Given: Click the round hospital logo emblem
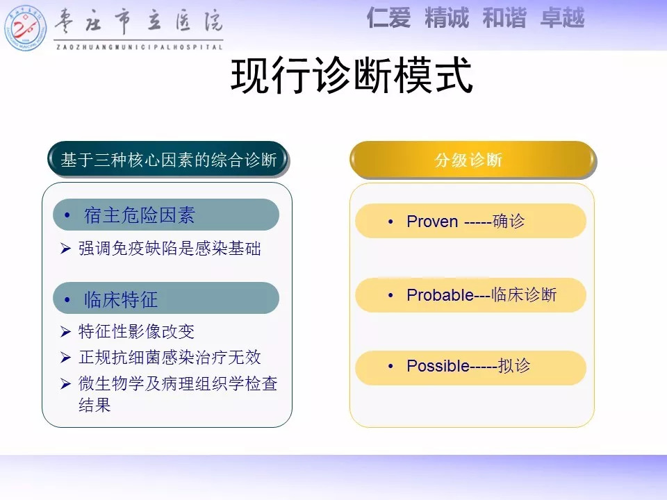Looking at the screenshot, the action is pos(25,28).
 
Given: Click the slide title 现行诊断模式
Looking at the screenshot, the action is pos(352,76).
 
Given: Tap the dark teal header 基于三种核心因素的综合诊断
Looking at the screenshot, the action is pos(168,160).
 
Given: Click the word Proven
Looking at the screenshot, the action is pos(432,222).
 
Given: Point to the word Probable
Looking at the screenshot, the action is pos(440,295).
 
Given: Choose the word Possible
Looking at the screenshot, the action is pos(438,366).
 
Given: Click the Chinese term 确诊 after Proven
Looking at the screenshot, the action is pos(509,221).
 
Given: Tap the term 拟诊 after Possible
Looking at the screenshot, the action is pos(514,366).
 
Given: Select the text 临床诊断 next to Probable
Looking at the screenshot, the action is pos(524,294).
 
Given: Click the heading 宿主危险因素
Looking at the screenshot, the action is pos(140,215).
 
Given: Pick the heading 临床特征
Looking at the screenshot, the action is pos(121,299).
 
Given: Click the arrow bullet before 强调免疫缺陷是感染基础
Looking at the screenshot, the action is pos(65,248).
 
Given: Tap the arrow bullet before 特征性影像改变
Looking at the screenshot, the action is pos(65,331).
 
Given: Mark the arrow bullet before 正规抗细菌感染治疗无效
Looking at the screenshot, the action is pos(65,357).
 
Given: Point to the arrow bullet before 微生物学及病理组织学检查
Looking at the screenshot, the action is pos(65,383).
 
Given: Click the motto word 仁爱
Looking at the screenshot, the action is pos(388,18).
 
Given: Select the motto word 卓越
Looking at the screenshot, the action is pos(562,18).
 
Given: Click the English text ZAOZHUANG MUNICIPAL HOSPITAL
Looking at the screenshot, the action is pos(140,47).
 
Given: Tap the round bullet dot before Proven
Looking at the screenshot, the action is pos(390,222).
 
